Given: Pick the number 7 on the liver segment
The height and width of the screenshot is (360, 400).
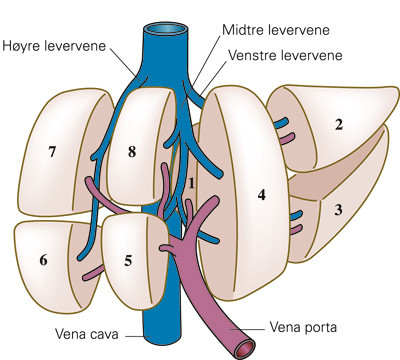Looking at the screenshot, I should [x=51, y=152].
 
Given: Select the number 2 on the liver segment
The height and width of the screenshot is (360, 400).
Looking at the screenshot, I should [x=339, y=125].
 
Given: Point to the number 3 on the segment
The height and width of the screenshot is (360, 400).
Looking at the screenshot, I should [x=338, y=210].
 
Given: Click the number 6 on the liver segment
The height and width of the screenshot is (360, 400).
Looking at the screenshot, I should [x=44, y=260].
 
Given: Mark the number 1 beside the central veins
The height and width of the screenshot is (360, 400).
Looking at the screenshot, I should [x=190, y=183].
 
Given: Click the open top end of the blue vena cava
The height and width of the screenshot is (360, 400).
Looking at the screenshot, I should [x=168, y=27].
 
